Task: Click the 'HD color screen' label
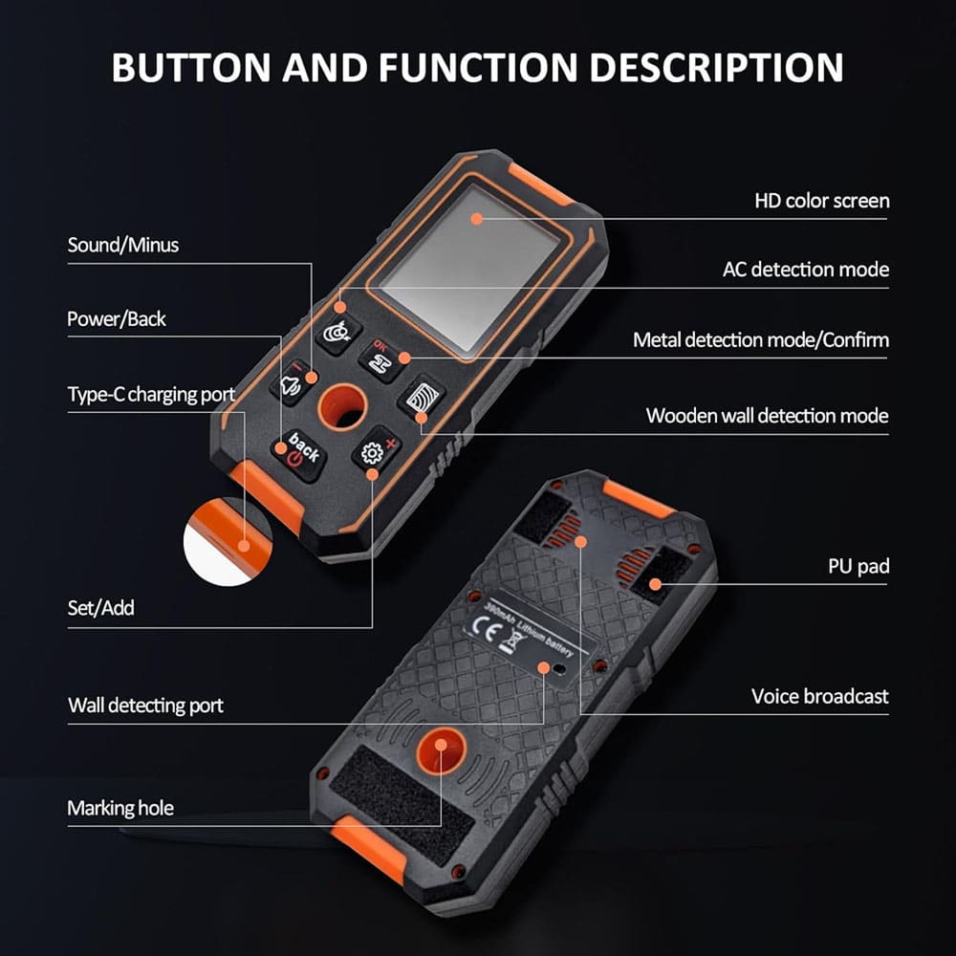822,201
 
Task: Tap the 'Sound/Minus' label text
123,245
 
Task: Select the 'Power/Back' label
117,319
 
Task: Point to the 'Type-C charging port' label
151,395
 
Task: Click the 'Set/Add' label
100,608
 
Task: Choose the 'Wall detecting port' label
145,706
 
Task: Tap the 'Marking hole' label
120,809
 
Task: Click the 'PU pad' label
858,566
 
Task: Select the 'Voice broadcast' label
820,696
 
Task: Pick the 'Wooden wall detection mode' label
767,416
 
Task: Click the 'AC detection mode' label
805,270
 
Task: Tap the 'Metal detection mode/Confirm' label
761,339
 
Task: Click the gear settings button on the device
376,452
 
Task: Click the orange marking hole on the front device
343,406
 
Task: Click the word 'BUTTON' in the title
191,67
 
